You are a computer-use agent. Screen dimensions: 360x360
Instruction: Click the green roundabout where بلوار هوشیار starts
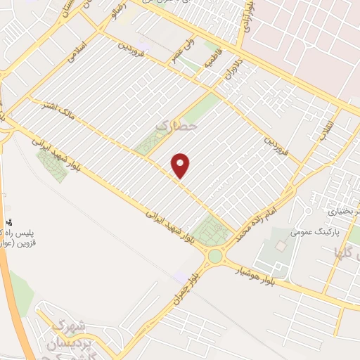[214, 256]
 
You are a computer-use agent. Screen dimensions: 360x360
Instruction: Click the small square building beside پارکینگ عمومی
[281, 247]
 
